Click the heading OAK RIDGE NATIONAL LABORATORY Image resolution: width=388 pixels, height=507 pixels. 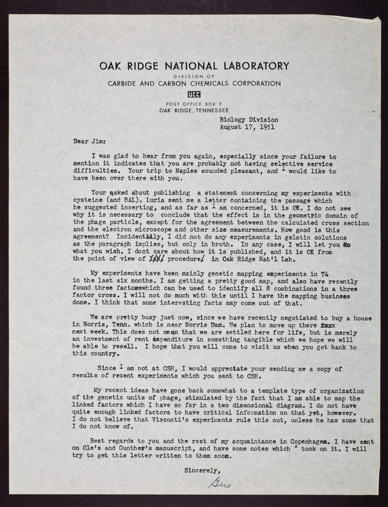[x=193, y=65]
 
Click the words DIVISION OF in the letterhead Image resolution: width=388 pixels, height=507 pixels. [x=193, y=75]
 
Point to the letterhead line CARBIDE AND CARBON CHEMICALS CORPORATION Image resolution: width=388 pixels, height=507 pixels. [x=193, y=83]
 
